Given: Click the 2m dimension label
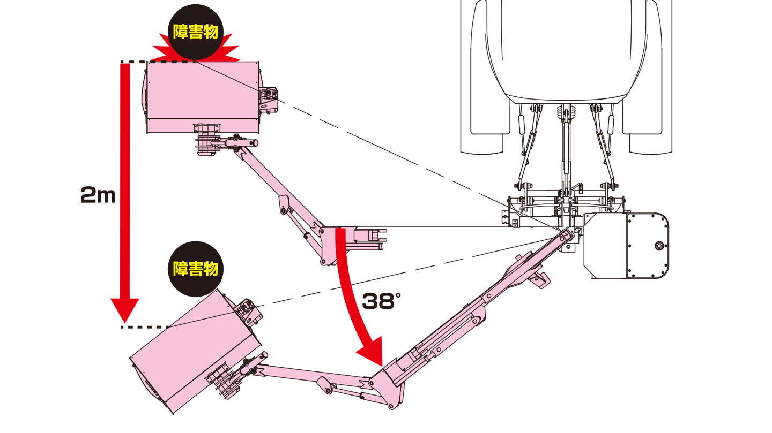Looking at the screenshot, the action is [98, 195].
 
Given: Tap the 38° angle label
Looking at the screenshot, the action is [382, 301].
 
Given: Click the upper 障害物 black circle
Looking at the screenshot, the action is [195, 32].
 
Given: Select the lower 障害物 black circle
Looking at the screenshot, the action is [195, 269].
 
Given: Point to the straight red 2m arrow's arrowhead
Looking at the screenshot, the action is [125, 310].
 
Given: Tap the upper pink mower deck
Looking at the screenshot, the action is [203, 97].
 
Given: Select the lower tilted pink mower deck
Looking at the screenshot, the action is [196, 351].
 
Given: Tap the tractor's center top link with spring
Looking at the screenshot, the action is [566, 151].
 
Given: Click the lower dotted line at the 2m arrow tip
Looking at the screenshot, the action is [145, 327].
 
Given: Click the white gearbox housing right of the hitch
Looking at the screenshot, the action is [626, 246].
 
